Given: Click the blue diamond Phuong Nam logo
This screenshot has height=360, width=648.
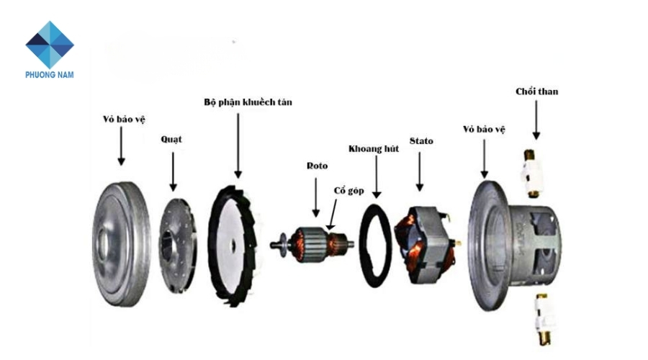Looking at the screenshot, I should [x=50, y=44].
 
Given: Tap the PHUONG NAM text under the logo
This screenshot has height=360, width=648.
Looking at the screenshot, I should [x=50, y=74].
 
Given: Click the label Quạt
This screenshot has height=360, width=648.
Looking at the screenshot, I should [x=171, y=139].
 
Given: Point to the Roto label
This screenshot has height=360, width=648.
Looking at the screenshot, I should [x=317, y=166].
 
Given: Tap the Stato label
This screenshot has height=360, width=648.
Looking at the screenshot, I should [x=421, y=140].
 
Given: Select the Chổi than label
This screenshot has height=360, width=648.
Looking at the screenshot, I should [x=536, y=91].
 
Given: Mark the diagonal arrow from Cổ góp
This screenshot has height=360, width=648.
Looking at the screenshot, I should [x=333, y=214].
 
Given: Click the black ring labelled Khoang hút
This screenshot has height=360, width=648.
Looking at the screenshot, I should [x=374, y=245].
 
